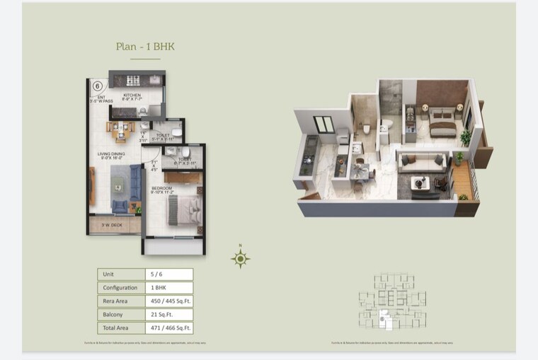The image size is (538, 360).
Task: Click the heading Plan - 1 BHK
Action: (x=145, y=47)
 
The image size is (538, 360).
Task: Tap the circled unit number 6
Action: (x=97, y=86)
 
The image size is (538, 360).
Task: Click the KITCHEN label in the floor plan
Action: (x=132, y=95)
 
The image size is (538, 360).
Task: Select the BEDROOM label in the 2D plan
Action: (x=162, y=187)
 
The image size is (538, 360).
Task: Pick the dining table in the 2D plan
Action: (x=120, y=129)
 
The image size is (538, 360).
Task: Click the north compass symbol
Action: (x=241, y=259)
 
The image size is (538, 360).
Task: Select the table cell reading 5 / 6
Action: (x=168, y=274)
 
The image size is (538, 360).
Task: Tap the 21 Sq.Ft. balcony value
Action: (x=168, y=315)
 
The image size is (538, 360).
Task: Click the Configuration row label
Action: (x=120, y=288)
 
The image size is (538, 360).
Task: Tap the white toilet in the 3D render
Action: (x=366, y=128)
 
